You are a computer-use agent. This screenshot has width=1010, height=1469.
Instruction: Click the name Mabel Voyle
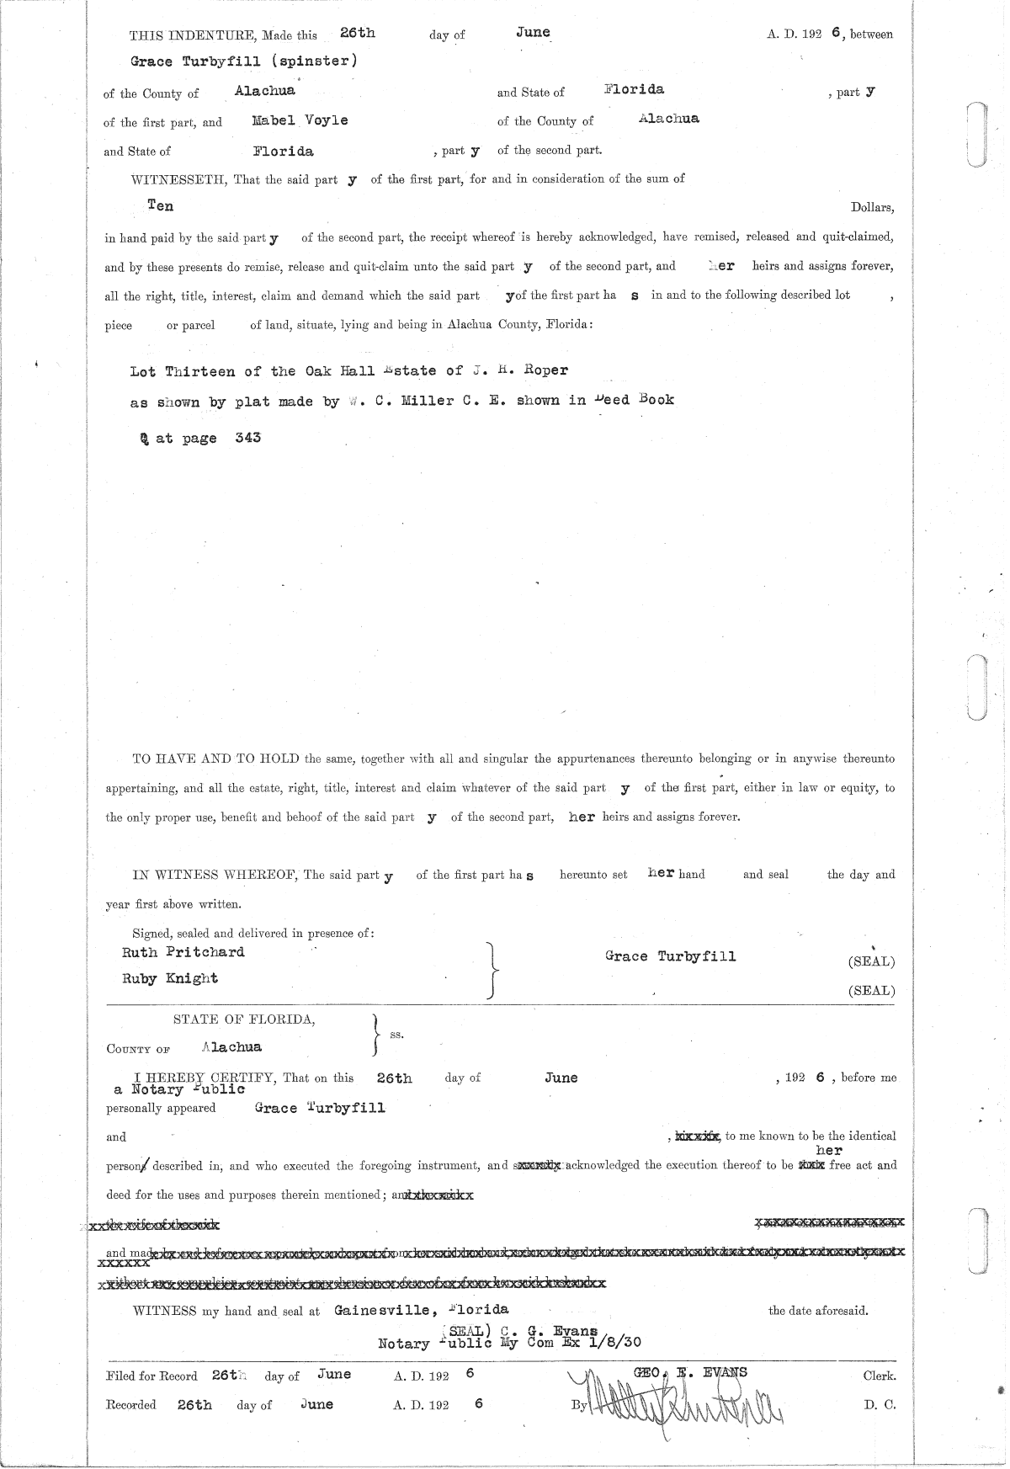point(300,120)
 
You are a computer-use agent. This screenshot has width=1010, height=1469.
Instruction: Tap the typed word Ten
point(160,205)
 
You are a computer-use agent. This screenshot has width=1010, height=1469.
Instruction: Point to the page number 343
point(247,438)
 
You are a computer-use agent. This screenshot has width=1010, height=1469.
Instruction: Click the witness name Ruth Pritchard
point(183,952)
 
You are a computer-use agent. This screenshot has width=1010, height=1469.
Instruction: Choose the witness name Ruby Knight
point(170,978)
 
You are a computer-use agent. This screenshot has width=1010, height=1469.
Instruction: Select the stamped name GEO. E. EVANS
point(689,1372)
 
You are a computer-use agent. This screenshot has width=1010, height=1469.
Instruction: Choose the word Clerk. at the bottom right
point(879,1376)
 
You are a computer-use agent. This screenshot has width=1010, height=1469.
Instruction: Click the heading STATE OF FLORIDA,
point(245,1019)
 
